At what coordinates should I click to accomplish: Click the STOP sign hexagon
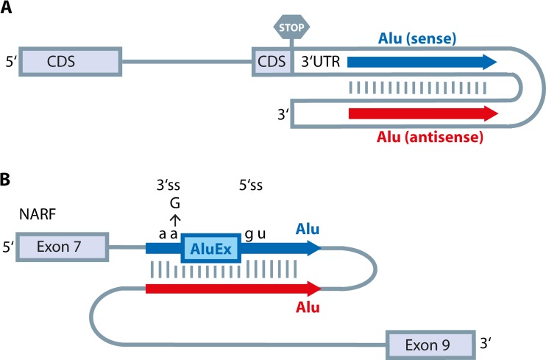(291, 27)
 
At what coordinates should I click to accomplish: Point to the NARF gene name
(40, 215)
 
